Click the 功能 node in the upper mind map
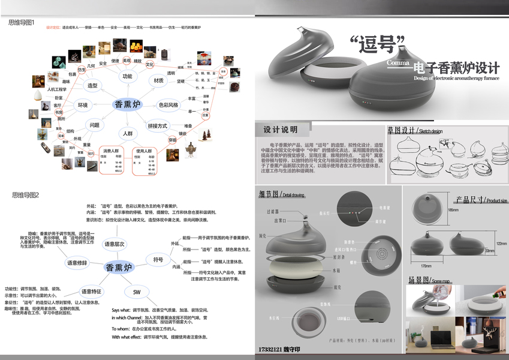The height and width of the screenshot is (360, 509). (x=127, y=76)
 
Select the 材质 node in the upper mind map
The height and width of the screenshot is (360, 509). (x=159, y=80)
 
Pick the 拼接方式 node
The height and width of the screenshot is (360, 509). (x=157, y=125)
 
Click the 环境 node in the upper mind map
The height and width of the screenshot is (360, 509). (x=83, y=106)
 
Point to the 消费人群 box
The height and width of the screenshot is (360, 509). (x=112, y=150)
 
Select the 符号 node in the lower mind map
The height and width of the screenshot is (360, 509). (x=158, y=259)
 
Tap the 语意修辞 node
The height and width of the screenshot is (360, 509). (x=77, y=263)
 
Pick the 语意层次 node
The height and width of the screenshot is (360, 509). (x=115, y=244)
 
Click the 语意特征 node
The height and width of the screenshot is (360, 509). (x=92, y=291)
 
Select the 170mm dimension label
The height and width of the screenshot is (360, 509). (x=426, y=265)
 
